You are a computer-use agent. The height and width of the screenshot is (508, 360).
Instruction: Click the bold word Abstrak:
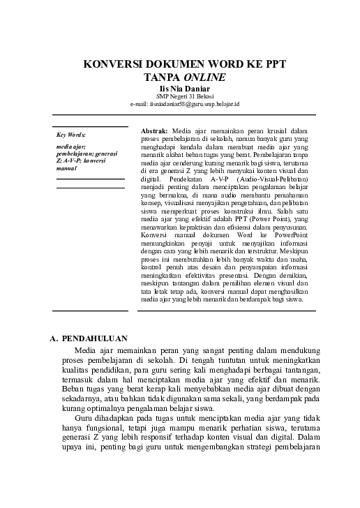click(x=154, y=130)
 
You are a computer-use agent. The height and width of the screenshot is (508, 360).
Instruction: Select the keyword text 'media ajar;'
click(x=71, y=147)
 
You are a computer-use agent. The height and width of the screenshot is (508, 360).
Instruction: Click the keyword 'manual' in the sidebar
click(x=67, y=168)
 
